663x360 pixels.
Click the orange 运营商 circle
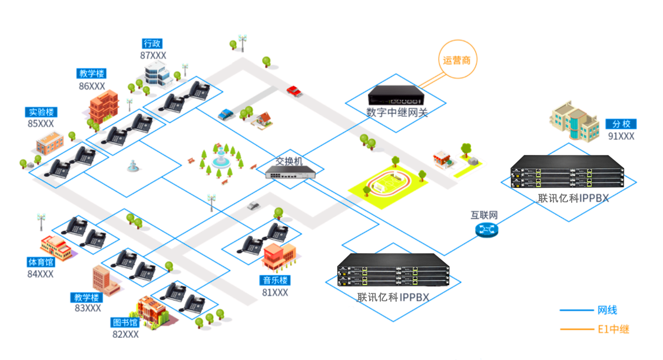(457, 60)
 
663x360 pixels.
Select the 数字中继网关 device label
(397, 112)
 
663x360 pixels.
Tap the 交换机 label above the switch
(289, 161)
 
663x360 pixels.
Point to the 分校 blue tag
(621, 124)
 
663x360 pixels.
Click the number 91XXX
(621, 136)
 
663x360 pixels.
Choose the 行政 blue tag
(152, 44)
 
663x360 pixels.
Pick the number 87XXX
(153, 55)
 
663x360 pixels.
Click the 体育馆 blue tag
(41, 262)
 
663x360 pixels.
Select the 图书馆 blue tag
(125, 322)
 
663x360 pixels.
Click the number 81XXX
(275, 292)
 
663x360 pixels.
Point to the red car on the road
(294, 91)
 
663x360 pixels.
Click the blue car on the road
(226, 114)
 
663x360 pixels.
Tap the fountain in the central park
(220, 159)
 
